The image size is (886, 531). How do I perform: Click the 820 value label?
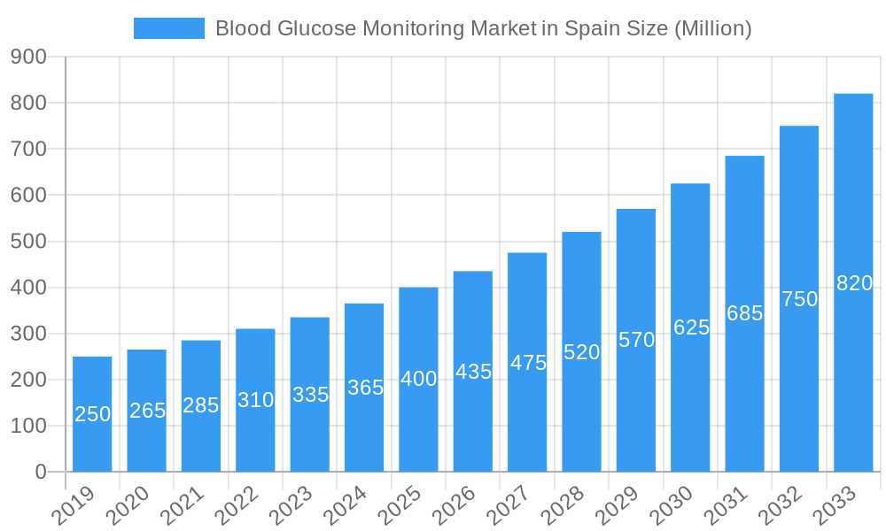pos(854,283)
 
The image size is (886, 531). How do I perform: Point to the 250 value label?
pos(92,413)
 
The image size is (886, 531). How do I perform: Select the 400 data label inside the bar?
pos(418,379)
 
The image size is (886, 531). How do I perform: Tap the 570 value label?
pos(636,340)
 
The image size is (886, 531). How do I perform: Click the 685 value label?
pos(744,313)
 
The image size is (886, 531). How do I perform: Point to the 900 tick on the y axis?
pos(28,57)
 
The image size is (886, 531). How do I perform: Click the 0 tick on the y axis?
pos(41,472)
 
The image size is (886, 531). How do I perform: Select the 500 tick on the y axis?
pos(28,242)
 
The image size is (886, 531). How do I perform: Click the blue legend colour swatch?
pos(169,28)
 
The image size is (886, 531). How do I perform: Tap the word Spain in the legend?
pos(595,28)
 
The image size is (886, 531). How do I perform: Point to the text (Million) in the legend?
pos(713,28)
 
